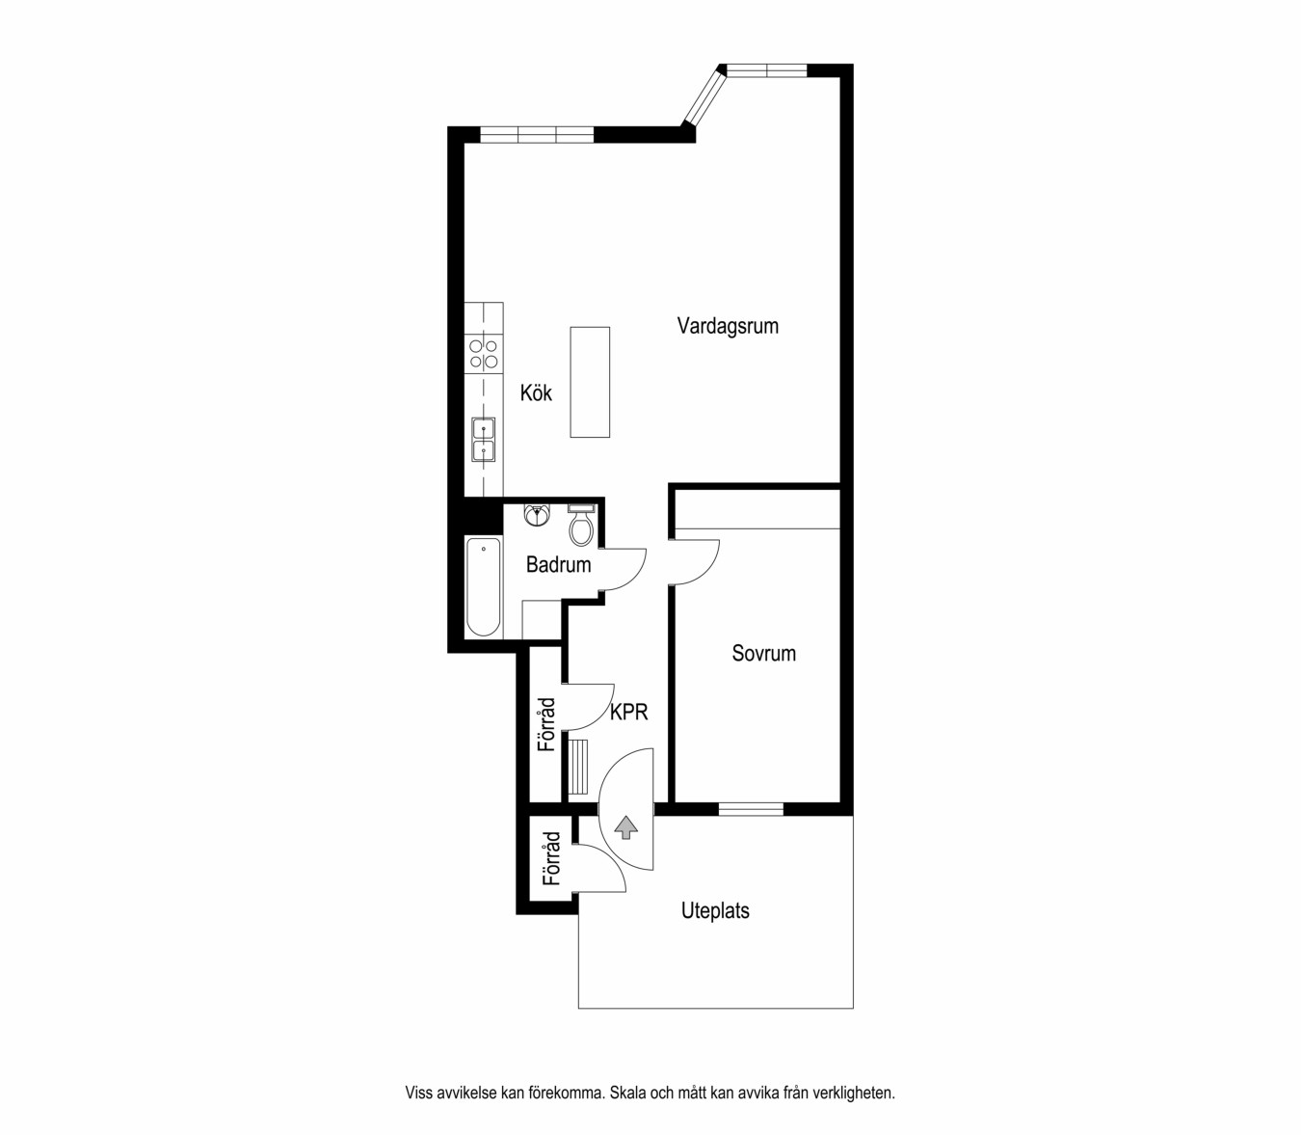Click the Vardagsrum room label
pyautogui.click(x=728, y=326)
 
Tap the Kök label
pyautogui.click(x=536, y=392)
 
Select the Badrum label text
pyautogui.click(x=558, y=564)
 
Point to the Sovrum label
pyautogui.click(x=763, y=654)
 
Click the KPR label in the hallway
pyautogui.click(x=629, y=712)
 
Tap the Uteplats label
pyautogui.click(x=715, y=911)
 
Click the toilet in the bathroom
pyautogui.click(x=581, y=526)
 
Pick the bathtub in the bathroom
pyautogui.click(x=483, y=586)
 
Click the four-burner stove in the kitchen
pyautogui.click(x=483, y=354)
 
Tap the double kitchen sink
pyautogui.click(x=483, y=440)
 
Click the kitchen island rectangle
pyautogui.click(x=590, y=382)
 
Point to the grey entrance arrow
pyautogui.click(x=627, y=827)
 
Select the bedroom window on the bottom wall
pyautogui.click(x=751, y=809)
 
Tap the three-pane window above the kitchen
pyautogui.click(x=537, y=135)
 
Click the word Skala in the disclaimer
pyautogui.click(x=627, y=1093)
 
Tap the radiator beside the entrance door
pyautogui.click(x=578, y=767)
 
